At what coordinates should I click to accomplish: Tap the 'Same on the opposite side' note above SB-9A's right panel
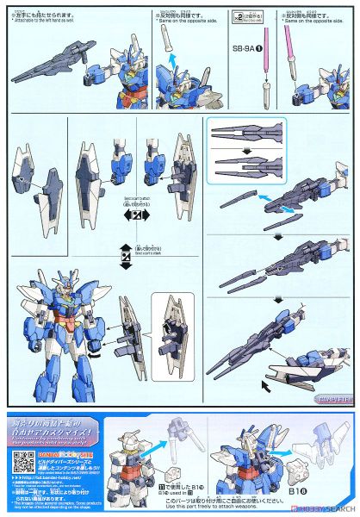pyautogui.click(x=325, y=22)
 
